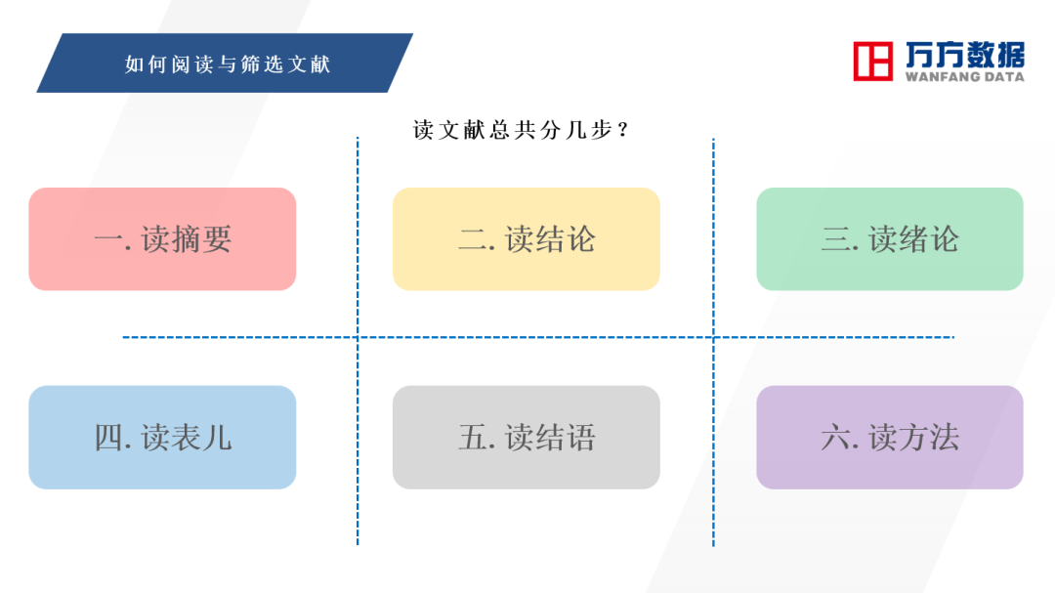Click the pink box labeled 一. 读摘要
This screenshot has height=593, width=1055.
pos(162,239)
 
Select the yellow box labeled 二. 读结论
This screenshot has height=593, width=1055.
pos(527,239)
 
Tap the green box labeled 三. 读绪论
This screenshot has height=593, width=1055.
pos(890,239)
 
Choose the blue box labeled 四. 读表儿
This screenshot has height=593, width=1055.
pos(162,438)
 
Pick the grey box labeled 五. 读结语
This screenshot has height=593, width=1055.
pos(527,438)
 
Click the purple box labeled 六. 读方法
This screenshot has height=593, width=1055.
pos(890,438)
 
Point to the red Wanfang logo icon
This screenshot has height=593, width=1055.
pos(872,62)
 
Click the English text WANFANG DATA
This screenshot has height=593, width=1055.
pos(965,77)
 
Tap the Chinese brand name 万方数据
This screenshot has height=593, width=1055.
pos(965,54)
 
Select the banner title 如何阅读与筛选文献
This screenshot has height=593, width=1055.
pos(228,64)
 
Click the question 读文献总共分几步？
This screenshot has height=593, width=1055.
pos(521,129)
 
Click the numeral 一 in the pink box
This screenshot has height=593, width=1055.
pos(108,239)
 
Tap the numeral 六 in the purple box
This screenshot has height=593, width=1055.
pos(835,438)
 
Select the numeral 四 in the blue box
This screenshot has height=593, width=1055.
pos(108,438)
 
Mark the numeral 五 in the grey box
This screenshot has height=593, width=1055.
pos(473,438)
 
